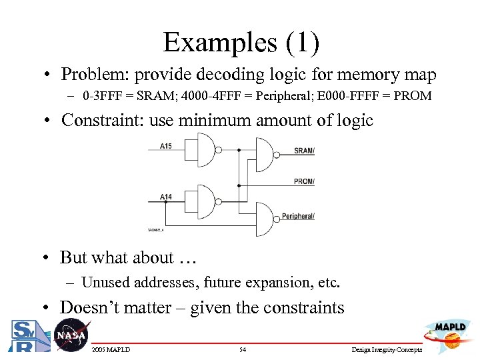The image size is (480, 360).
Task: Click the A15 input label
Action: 167,146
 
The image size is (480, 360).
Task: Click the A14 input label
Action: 167,197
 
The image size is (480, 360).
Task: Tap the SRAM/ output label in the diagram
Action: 304,151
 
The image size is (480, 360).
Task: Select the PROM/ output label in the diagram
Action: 304,181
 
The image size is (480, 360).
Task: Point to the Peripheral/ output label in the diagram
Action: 298,216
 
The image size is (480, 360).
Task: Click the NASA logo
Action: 70,335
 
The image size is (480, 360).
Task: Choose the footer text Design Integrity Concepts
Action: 387,350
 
